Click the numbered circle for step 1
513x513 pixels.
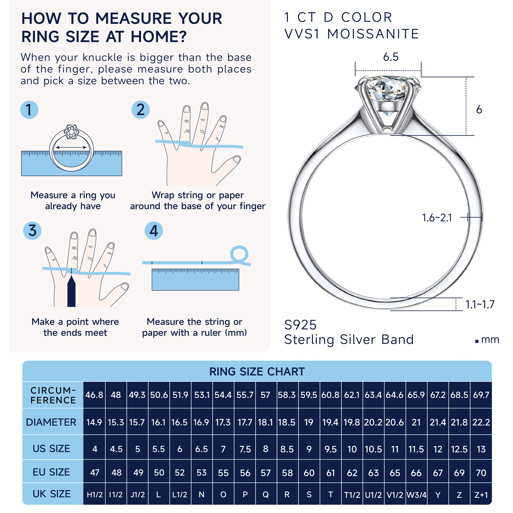pyautogui.click(x=29, y=110)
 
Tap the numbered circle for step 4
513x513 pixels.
pyautogui.click(x=154, y=230)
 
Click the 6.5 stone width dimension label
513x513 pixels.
pyautogui.click(x=391, y=57)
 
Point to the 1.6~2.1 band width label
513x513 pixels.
pyautogui.click(x=437, y=218)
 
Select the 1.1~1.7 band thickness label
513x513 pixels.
pyautogui.click(x=480, y=304)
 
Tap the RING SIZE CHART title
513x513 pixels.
pyautogui.click(x=257, y=371)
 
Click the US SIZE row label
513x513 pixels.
pyautogui.click(x=51, y=448)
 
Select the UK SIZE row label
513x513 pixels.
pyautogui.click(x=52, y=494)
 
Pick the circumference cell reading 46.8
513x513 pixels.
pyautogui.click(x=94, y=395)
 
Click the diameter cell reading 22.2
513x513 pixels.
pyautogui.click(x=481, y=422)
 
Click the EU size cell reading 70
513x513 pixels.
pyautogui.click(x=481, y=473)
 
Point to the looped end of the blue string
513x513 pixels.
pyautogui.click(x=239, y=254)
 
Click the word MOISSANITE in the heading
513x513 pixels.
pyautogui.click(x=373, y=34)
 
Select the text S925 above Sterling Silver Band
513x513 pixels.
pyautogui.click(x=300, y=325)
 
